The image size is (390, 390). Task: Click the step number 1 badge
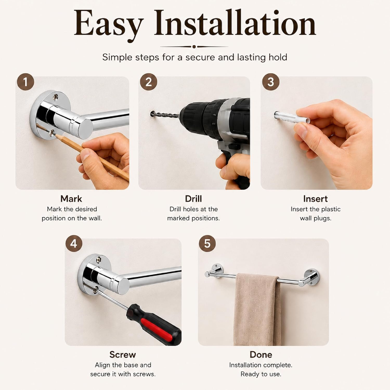(x=25, y=82)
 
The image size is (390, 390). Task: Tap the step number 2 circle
(x=148, y=82)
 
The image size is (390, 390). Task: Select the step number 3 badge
(x=271, y=82)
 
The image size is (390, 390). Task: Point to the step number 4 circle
(x=74, y=244)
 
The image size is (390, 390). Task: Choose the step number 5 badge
(x=207, y=244)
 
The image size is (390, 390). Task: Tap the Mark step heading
(x=71, y=199)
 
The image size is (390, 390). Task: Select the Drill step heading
(x=193, y=199)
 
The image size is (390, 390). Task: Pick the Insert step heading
(x=315, y=199)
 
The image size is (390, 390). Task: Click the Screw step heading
(x=123, y=355)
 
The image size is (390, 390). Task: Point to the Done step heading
(x=261, y=355)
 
